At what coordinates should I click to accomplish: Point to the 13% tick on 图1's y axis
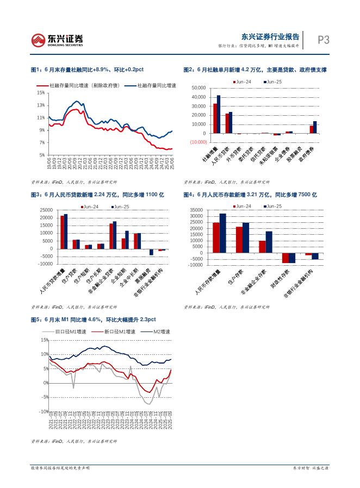tap(41, 105)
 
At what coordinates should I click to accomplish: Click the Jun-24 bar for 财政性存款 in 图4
tap(285, 258)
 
